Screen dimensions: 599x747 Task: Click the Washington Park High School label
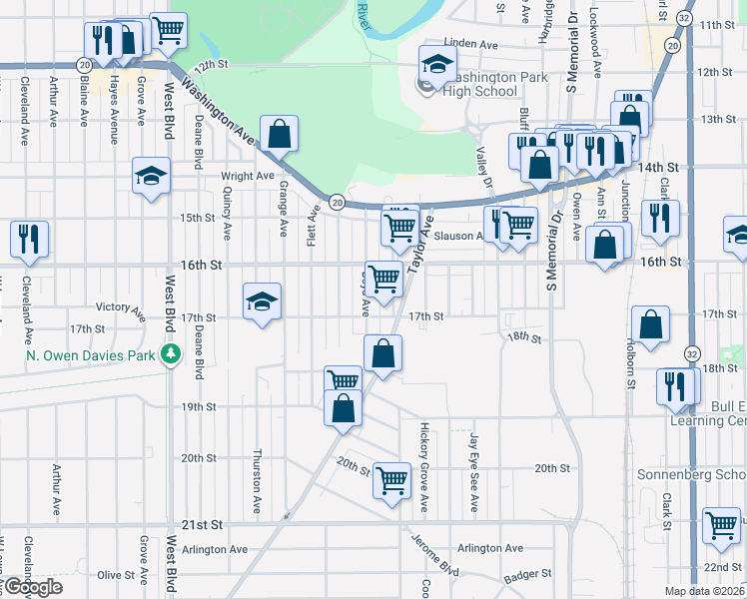(481, 84)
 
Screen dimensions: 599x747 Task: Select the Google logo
(32, 587)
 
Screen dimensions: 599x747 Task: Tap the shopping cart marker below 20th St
(391, 479)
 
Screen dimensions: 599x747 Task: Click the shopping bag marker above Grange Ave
(279, 132)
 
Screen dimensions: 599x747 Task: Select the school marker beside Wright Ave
(151, 177)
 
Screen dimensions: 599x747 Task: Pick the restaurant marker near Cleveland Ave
(28, 238)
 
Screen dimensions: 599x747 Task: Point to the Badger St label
(527, 574)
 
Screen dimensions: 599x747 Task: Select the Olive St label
(116, 575)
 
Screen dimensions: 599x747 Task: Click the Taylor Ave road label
(417, 245)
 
